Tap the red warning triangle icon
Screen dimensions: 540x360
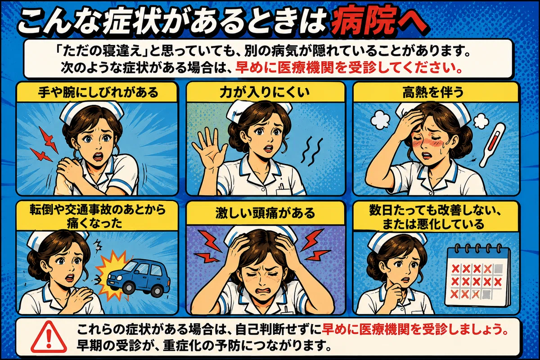click(49, 337)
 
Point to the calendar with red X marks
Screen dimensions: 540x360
click(478, 275)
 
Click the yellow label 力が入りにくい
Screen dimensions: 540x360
click(265, 93)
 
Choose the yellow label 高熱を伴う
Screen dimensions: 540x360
click(433, 93)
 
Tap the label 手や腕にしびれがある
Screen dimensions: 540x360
click(98, 93)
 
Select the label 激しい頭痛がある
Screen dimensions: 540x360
click(265, 213)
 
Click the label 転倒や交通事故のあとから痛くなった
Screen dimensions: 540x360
click(98, 216)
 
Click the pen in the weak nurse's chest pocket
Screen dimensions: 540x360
click(281, 186)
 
